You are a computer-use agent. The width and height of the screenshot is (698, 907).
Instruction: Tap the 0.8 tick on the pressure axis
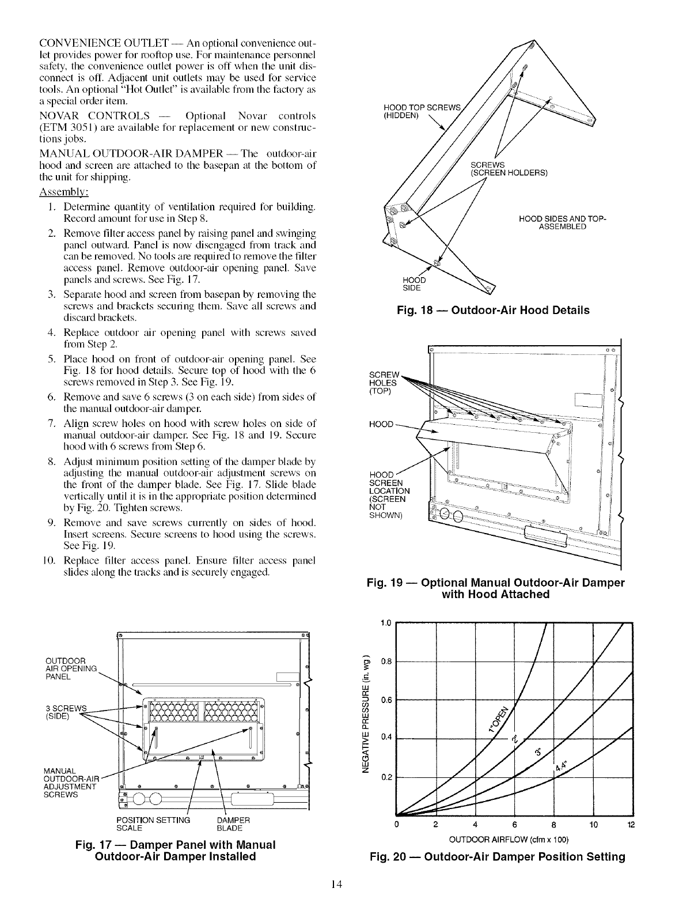(386, 661)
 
